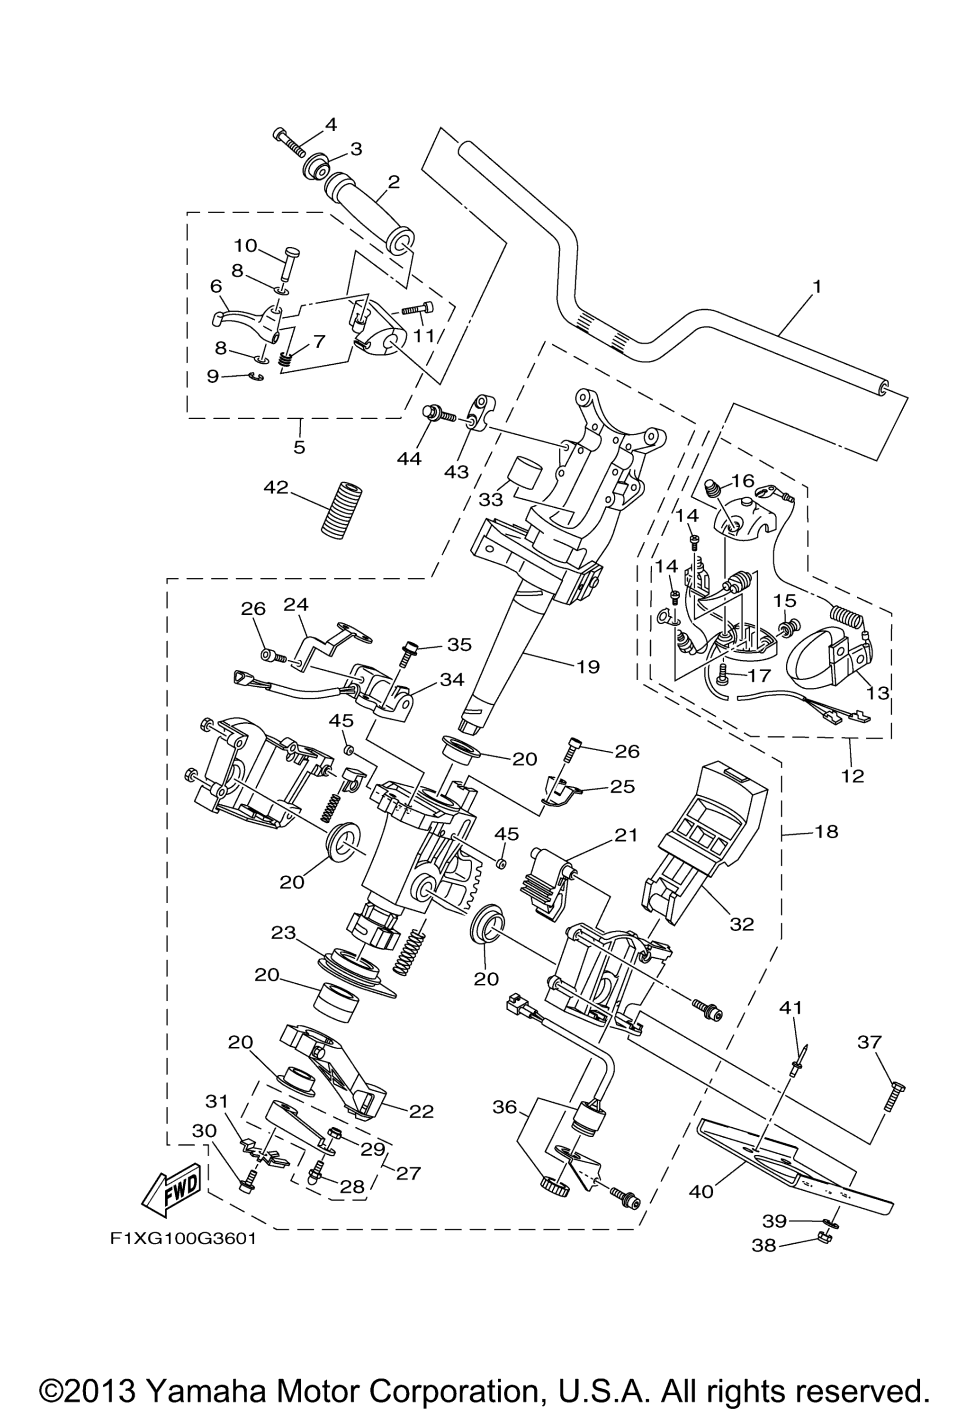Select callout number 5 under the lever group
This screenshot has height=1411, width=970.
coord(299,448)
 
